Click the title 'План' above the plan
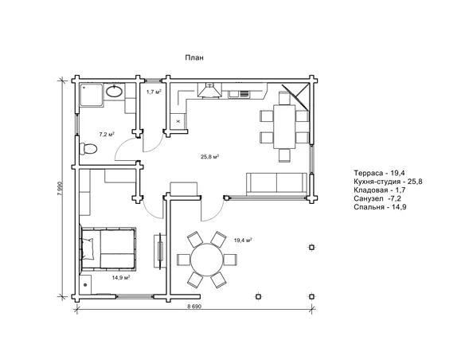pos(194,57)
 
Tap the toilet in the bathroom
pos(88,149)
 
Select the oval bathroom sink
pos(114,91)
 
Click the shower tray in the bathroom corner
pos(92,95)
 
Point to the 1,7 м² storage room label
pos(154,92)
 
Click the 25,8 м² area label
pos(209,157)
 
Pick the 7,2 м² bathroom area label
pos(107,134)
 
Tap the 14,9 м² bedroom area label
pos(121,277)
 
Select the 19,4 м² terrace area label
pos(243,240)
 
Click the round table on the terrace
pos(207,260)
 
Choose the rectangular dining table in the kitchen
pos(284,127)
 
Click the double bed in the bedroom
pos(108,249)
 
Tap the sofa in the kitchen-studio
pos(276,184)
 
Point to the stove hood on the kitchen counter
pos(209,90)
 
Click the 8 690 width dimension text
pos(194,307)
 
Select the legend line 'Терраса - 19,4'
pos(379,173)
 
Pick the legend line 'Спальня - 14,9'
pos(380,207)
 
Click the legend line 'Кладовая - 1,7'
pos(380,190)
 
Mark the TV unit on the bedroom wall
pos(160,252)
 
